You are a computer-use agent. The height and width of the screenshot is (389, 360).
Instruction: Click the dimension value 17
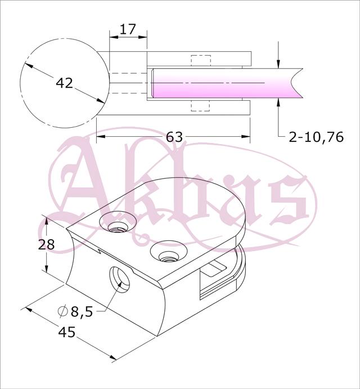click(x=128, y=29)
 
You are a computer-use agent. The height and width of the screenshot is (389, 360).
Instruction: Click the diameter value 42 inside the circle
click(x=64, y=83)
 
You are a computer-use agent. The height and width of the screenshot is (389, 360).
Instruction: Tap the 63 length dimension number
click(x=174, y=137)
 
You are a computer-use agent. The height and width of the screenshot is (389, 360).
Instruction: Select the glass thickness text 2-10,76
click(x=316, y=137)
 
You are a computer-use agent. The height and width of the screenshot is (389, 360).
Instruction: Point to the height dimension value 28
click(x=46, y=245)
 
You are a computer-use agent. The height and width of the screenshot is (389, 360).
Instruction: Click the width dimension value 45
click(x=66, y=332)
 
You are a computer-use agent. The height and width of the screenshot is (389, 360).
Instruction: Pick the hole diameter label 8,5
click(x=82, y=312)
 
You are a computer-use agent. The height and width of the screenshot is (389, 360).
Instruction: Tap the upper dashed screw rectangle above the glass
click(x=201, y=60)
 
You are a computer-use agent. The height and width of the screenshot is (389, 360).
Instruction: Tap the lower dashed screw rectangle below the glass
click(x=201, y=106)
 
